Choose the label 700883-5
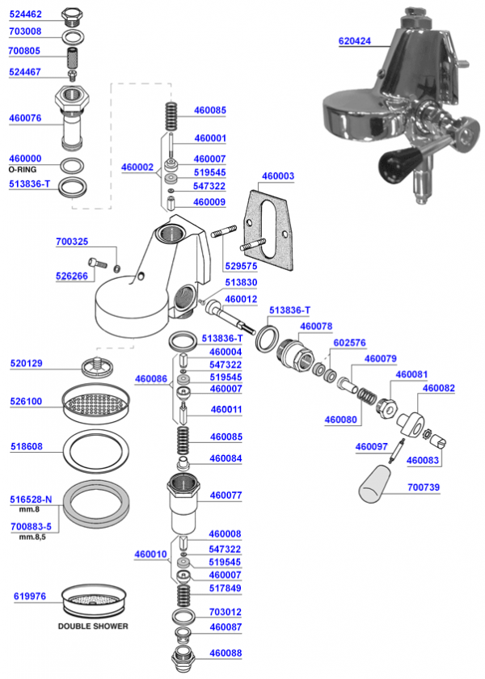point(30,526)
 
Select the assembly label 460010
point(150,554)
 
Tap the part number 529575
point(242,265)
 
